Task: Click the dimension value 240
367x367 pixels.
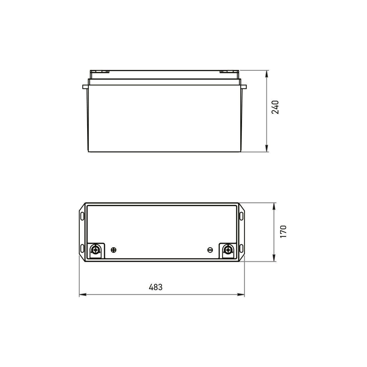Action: click(x=275, y=107)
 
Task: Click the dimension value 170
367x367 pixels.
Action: click(x=283, y=231)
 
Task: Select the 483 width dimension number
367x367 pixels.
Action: click(x=155, y=287)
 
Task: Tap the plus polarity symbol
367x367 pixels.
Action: click(x=114, y=250)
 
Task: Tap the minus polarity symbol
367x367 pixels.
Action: click(x=210, y=250)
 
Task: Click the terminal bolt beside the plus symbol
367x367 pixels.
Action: click(x=95, y=250)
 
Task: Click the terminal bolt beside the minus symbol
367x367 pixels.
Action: click(x=228, y=250)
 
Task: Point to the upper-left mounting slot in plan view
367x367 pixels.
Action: click(x=82, y=215)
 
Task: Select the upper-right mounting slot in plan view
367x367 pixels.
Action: click(x=241, y=215)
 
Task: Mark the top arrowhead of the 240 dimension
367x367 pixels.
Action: click(x=267, y=73)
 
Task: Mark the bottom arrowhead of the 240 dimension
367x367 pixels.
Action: click(x=267, y=149)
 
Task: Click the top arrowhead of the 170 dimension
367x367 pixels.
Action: click(x=274, y=206)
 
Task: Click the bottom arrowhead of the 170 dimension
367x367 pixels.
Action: click(x=274, y=258)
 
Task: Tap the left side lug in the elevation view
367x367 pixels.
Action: click(x=85, y=87)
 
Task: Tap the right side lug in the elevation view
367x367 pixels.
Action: click(x=244, y=87)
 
